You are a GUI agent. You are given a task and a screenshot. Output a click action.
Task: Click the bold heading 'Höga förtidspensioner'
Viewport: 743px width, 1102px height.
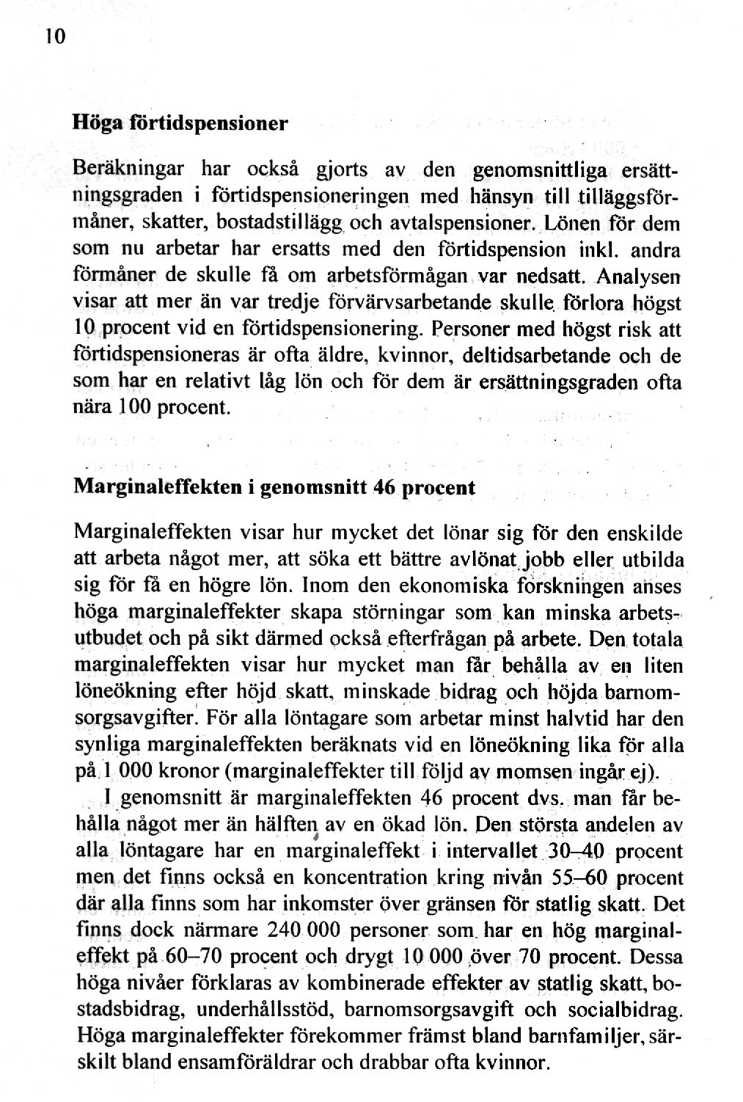[x=179, y=122]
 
